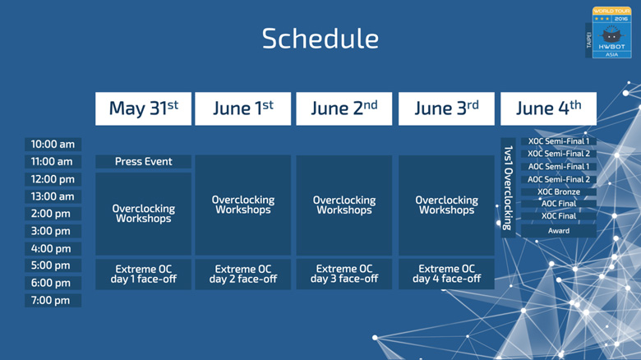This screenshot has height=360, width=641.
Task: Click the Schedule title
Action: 320,39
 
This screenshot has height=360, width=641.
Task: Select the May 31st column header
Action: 143,108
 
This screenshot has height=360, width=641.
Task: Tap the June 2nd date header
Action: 344,108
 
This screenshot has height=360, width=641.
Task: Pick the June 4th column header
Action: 548,108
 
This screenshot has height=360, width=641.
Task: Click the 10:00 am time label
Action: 53,145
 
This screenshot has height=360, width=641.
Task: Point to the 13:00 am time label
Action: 53,196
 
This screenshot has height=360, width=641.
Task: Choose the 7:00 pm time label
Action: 53,300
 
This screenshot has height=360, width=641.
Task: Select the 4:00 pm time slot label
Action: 53,248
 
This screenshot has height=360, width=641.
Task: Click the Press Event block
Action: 143,162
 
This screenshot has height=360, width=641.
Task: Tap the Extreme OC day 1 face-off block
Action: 143,274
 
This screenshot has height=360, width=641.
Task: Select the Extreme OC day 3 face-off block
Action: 344,274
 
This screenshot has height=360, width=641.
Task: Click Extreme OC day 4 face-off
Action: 446,274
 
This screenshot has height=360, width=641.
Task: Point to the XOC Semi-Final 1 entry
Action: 559,141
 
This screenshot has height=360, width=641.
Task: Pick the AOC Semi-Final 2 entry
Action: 559,179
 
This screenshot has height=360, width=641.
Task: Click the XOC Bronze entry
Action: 559,192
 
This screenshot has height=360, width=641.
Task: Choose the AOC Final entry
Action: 559,203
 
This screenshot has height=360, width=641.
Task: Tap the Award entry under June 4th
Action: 559,231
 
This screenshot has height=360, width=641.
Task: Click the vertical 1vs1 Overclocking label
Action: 508,187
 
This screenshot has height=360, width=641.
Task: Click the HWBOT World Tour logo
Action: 609,32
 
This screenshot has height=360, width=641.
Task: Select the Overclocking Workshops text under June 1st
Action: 242,205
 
